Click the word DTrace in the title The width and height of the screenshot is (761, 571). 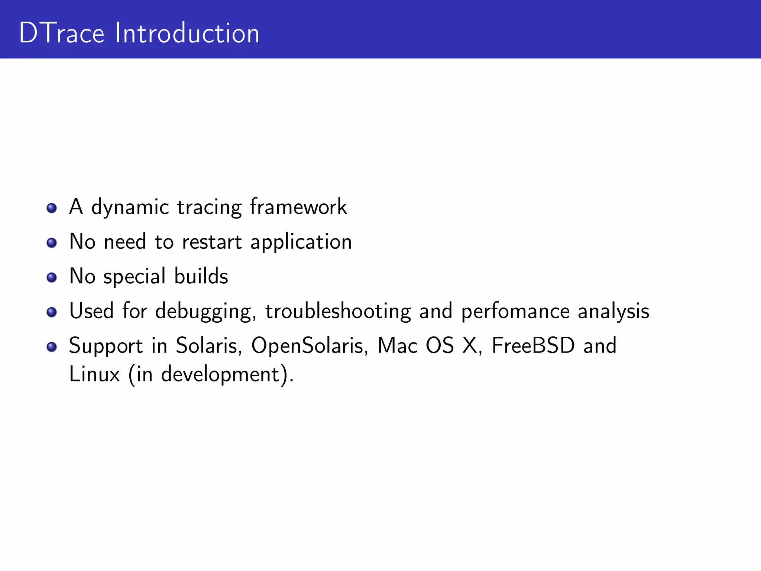[62, 33]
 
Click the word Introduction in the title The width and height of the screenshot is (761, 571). [187, 33]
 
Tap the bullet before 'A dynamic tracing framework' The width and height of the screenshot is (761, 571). [52, 208]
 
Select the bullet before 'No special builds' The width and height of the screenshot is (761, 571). [52, 277]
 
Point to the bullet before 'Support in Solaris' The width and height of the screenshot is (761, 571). [52, 347]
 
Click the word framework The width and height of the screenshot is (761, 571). [298, 207]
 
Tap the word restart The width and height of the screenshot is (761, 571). [212, 242]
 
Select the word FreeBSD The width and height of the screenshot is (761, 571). [533, 346]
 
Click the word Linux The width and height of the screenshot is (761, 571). [94, 374]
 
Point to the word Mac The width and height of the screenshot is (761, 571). [397, 346]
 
